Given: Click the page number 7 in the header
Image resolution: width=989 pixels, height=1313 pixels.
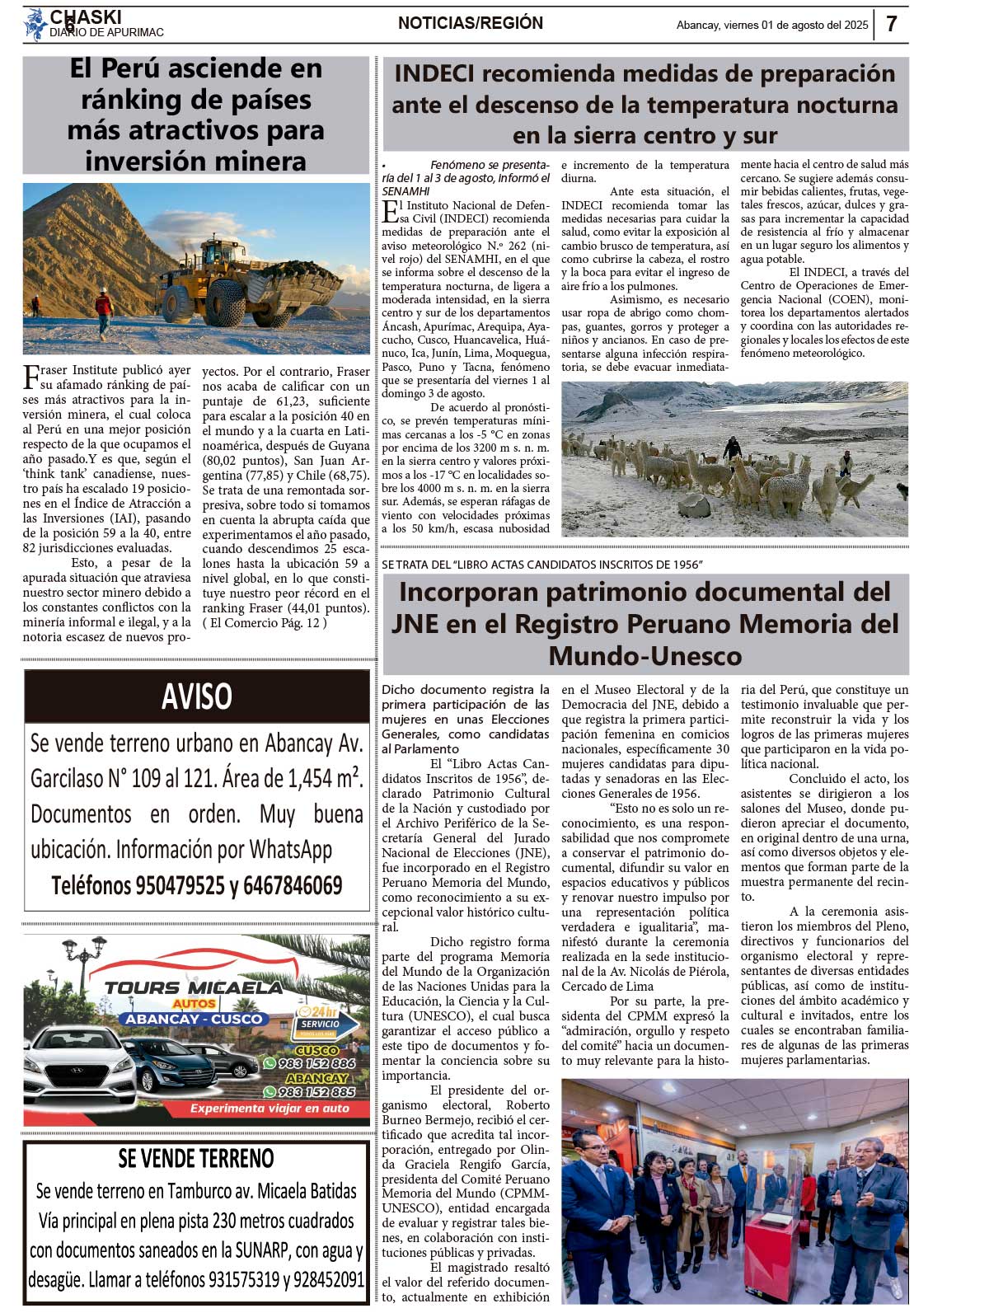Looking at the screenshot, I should pos(892,24).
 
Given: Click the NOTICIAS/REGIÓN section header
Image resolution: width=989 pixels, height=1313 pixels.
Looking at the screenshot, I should pos(471,23).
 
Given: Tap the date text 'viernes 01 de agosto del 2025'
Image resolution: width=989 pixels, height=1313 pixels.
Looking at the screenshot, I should pos(795,26).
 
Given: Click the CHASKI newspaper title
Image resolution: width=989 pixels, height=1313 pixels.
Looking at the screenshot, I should pos(86,16).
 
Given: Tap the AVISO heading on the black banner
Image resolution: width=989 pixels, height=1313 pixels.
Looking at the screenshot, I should pos(196,696).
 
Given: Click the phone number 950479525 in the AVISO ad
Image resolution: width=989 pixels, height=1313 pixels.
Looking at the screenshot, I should pos(180,886).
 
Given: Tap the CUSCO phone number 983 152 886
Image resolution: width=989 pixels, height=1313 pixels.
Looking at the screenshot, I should pos(316,1063).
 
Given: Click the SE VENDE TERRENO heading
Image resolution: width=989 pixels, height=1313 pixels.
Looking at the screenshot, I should pos(196,1158).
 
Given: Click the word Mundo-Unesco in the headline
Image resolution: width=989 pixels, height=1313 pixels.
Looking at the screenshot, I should pos(645,656).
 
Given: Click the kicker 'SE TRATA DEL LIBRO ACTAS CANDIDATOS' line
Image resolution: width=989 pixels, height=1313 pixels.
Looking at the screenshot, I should pos(541,565).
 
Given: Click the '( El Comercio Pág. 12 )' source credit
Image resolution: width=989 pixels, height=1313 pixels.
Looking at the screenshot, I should pos(264,623).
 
